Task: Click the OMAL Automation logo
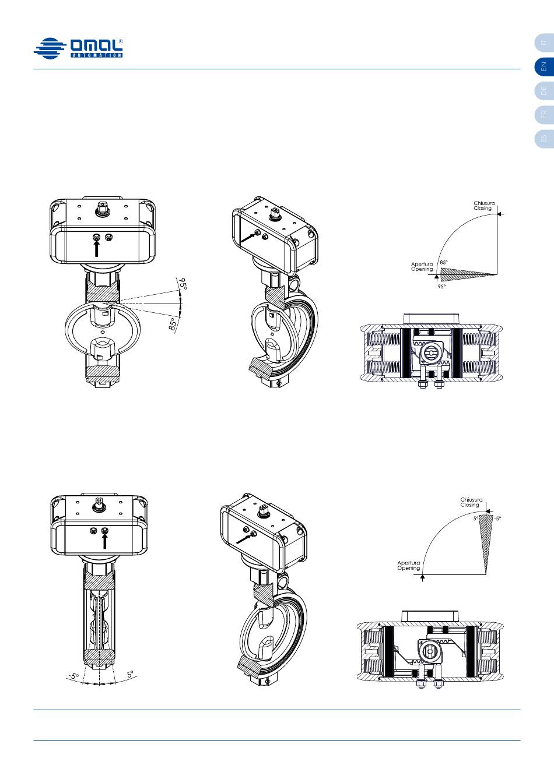coord(78,48)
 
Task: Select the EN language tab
coord(544,66)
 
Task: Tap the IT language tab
coord(544,43)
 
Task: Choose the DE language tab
coord(544,90)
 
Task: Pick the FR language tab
coord(544,115)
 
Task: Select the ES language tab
coord(544,139)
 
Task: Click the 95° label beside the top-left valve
coord(183,284)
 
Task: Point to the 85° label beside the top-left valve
coord(173,323)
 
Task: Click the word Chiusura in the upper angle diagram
coord(484,203)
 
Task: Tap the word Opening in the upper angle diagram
coord(422,269)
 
